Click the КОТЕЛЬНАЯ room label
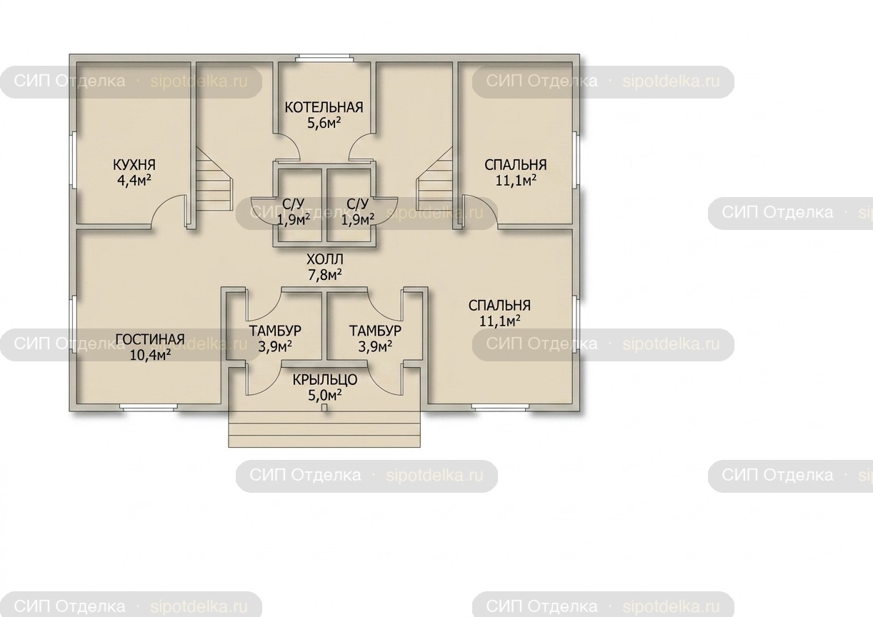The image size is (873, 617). point(324,107)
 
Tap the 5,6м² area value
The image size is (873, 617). point(324,123)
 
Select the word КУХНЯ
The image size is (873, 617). point(134,165)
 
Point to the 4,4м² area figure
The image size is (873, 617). point(134,181)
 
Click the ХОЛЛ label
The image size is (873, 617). point(324,259)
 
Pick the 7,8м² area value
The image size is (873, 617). point(325,275)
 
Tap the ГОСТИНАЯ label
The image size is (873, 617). point(150,339)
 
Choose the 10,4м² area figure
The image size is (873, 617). point(150,355)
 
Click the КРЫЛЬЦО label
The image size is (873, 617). point(324,379)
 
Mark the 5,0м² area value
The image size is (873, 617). point(325,396)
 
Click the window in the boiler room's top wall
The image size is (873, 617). point(324,59)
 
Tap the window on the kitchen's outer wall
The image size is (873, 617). point(72,160)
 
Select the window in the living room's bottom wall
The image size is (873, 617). point(148,408)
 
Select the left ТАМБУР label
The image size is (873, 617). point(275,331)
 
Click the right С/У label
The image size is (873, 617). point(357,204)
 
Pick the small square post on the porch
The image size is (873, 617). point(324,408)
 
